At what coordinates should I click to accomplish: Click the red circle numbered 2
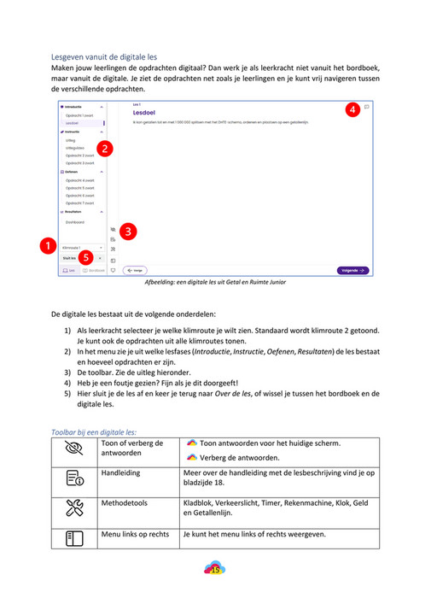pos(104,149)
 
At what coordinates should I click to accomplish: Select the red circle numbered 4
pos(352,110)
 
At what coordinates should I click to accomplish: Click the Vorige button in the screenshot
pos(134,270)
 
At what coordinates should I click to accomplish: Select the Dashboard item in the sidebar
pos(76,220)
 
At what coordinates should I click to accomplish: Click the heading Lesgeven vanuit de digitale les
pos(104,56)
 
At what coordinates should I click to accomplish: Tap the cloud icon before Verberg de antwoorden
pos(191,457)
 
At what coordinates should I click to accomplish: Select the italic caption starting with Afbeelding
pos(214,281)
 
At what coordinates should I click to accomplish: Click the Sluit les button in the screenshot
pos(69,257)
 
